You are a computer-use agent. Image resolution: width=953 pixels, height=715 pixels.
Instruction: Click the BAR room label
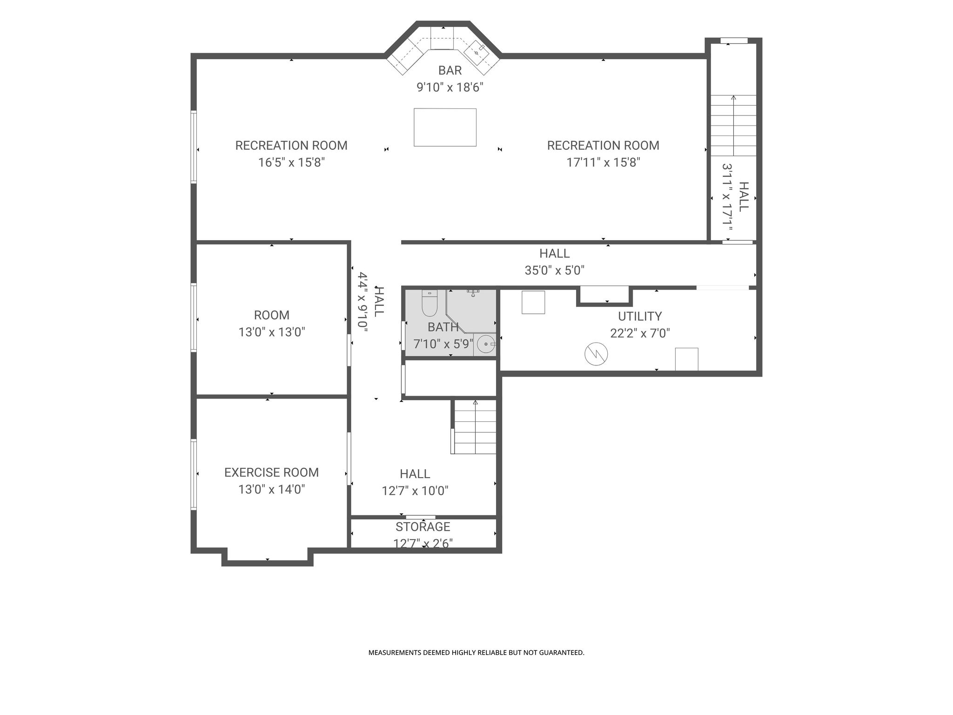coord(450,70)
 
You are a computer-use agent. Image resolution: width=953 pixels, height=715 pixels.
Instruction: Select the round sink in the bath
coord(486,344)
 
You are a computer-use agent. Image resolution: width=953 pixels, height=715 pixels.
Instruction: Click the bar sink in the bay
coord(477,52)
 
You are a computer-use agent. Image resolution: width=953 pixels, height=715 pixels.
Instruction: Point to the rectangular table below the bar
coord(445,127)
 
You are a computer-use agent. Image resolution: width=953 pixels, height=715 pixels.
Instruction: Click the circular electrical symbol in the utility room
coord(596,354)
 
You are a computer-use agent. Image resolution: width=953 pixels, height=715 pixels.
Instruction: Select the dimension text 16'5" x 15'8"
coord(291,162)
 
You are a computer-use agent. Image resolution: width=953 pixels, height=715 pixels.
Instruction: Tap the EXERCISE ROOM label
coord(272,472)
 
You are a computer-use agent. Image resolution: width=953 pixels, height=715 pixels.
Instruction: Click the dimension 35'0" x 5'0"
coord(555,270)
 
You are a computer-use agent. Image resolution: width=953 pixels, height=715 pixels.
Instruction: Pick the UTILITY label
coord(640,317)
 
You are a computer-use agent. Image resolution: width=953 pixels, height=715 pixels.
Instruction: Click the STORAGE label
coord(423,527)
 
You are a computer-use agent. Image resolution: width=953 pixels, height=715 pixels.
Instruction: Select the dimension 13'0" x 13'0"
coord(272,332)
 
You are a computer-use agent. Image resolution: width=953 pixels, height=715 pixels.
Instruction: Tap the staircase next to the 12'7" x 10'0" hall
coord(475,426)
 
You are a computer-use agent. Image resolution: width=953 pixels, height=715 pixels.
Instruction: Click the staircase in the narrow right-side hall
coord(733,125)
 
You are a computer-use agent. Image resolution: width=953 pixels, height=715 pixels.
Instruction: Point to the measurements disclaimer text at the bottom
coord(476,653)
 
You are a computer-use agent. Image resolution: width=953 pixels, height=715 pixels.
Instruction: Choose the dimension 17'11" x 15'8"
coord(604,162)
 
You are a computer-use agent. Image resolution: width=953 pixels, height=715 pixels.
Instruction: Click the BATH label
coord(443,327)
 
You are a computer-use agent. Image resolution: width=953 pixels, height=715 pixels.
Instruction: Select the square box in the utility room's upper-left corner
coord(533,303)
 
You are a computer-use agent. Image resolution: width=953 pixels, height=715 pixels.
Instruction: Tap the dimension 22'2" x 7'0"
coord(640,333)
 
